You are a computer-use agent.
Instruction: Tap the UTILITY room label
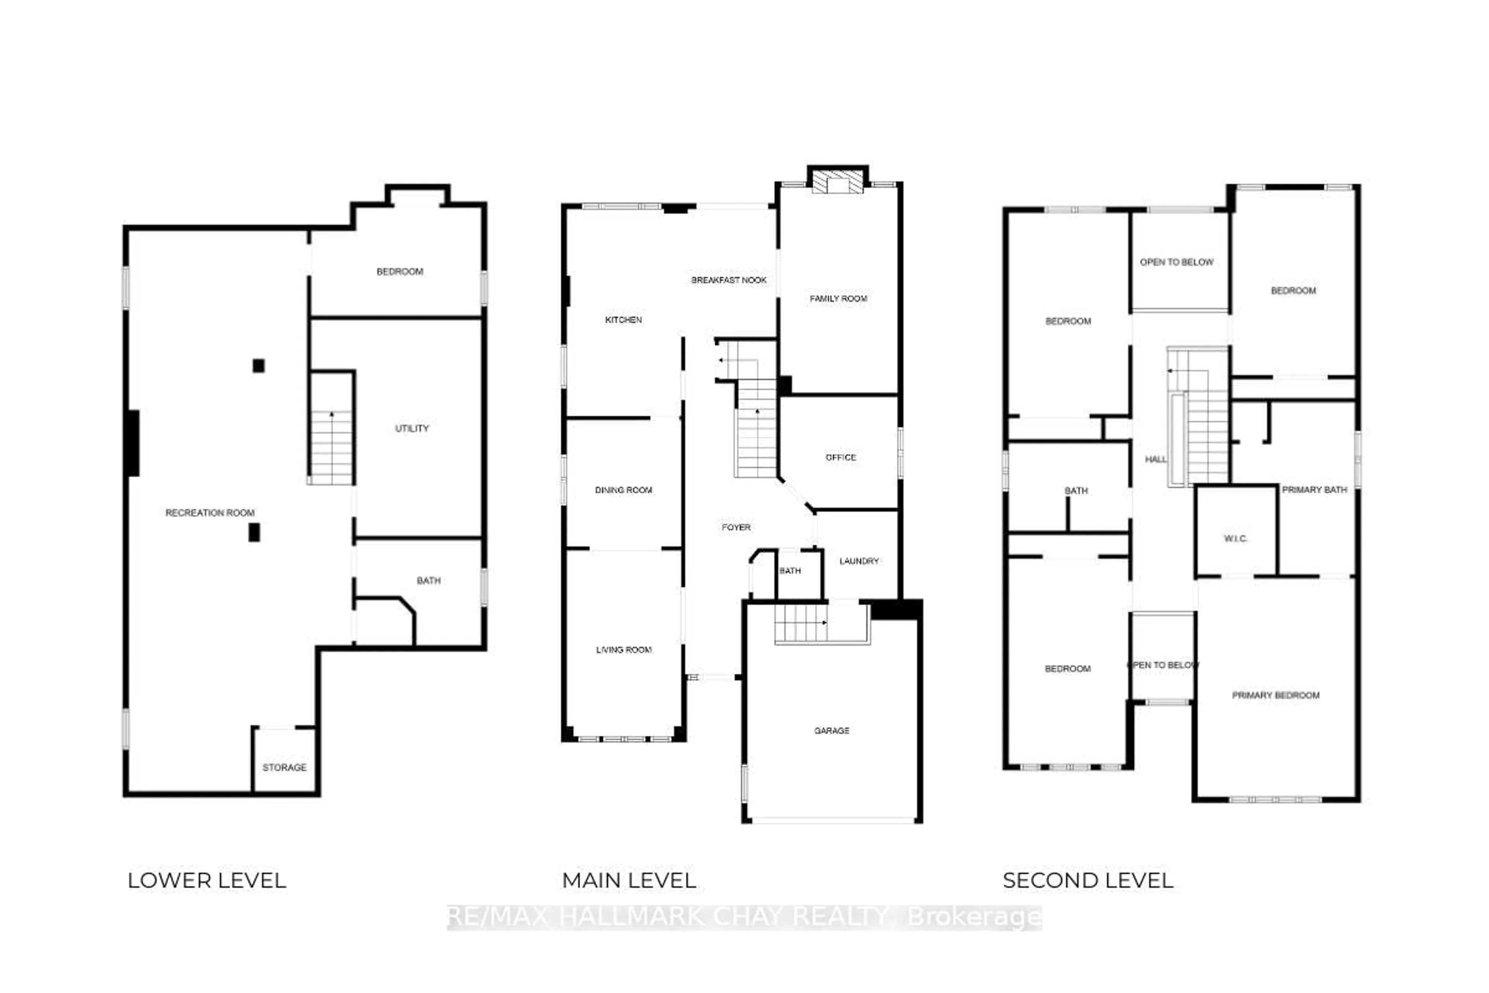coord(411,429)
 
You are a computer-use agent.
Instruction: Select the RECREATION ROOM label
coord(209,513)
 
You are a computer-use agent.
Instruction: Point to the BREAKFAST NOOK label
coord(728,280)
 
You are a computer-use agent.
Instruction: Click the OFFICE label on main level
coord(840,457)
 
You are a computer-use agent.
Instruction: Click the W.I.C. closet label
coord(1235,539)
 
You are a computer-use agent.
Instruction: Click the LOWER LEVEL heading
coord(206,880)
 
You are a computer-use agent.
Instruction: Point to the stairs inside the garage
coord(801,623)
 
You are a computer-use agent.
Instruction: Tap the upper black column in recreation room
coord(258,365)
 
